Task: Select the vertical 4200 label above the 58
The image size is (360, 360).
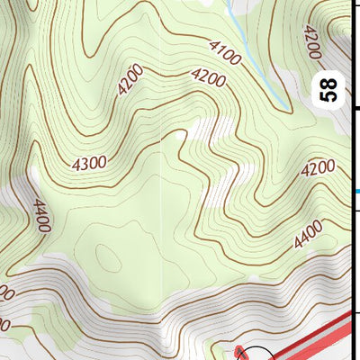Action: (312, 40)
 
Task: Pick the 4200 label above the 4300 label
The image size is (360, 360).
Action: (131, 84)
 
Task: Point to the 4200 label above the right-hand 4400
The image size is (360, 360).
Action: (318, 168)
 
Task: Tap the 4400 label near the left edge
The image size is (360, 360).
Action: (40, 216)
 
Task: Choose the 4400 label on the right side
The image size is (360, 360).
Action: (308, 237)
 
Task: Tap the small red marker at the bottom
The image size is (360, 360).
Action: (238, 351)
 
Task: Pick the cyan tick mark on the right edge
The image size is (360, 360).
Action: (357, 191)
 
